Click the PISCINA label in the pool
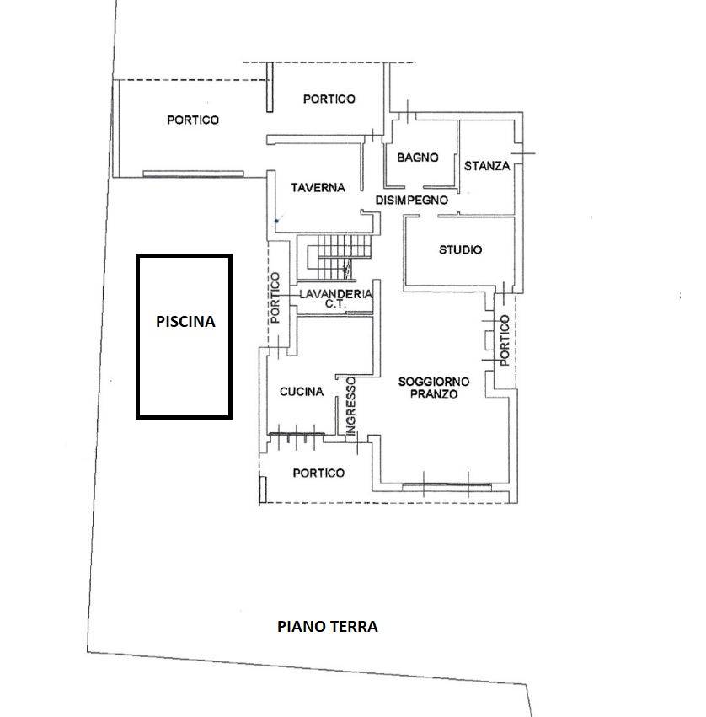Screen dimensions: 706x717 click(185, 322)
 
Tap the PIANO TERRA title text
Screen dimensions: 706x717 click(328, 626)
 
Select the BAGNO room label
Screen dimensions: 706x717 click(418, 158)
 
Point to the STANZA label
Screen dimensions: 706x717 click(486, 165)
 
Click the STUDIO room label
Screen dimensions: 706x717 click(460, 249)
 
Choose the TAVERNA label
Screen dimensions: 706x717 click(318, 188)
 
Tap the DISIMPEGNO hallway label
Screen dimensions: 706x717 click(411, 200)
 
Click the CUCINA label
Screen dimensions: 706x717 click(302, 392)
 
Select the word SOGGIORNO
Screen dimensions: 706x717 click(434, 382)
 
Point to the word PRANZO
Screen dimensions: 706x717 click(434, 393)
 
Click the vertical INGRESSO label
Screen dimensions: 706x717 click(350, 405)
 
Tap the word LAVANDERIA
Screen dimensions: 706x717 click(335, 294)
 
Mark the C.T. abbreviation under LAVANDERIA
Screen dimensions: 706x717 click(335, 304)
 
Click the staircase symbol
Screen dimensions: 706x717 click(338, 257)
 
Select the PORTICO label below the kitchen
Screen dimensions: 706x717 click(318, 473)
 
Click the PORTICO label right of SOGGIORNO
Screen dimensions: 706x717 click(505, 340)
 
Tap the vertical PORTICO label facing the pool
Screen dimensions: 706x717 click(275, 297)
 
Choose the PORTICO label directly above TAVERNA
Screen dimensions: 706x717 click(329, 99)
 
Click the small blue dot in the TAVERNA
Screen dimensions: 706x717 click(276, 221)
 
